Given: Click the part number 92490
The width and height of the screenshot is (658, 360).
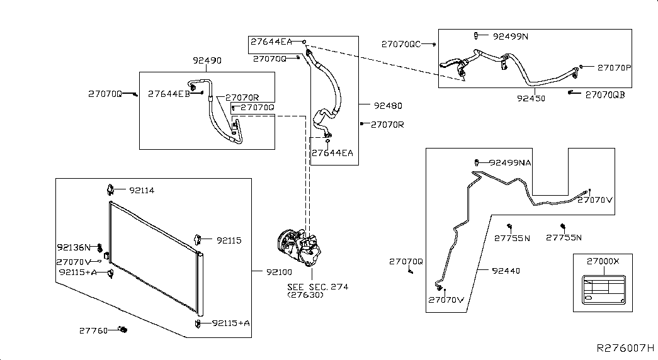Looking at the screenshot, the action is coord(207,60).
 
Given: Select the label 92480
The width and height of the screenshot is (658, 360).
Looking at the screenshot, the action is coord(388,106).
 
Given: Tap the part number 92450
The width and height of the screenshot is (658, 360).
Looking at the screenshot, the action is coord(531,98).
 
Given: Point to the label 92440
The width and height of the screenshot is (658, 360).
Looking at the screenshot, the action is coord(506,271).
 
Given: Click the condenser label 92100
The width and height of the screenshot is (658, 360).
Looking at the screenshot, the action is coord(279,273).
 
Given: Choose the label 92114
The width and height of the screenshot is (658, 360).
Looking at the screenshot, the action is coord(142,191).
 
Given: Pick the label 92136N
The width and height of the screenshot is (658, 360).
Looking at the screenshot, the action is coord(74,247).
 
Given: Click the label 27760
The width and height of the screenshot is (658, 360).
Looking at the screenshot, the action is coord(94,330).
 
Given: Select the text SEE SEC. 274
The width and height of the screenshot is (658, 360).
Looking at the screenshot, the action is coord(318,287).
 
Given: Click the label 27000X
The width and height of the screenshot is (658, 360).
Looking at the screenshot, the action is coord(603,261).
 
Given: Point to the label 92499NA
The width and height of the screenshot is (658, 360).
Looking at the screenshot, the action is coord(510,163).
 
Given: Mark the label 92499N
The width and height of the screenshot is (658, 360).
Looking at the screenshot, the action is coord(510,37).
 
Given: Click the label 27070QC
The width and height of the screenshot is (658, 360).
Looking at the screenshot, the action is coord(400,44).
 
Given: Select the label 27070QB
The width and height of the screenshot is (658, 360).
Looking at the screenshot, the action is coord(605,95).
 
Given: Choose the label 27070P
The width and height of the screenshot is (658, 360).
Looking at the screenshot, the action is coord(615,67).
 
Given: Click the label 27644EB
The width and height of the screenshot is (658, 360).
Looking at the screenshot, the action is coord(169,94).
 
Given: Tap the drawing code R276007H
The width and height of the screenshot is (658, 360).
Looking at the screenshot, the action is coord(625,348).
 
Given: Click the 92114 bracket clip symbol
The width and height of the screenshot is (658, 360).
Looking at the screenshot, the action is coord(110,189).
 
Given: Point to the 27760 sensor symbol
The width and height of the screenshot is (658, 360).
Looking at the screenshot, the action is coord(123,329).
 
